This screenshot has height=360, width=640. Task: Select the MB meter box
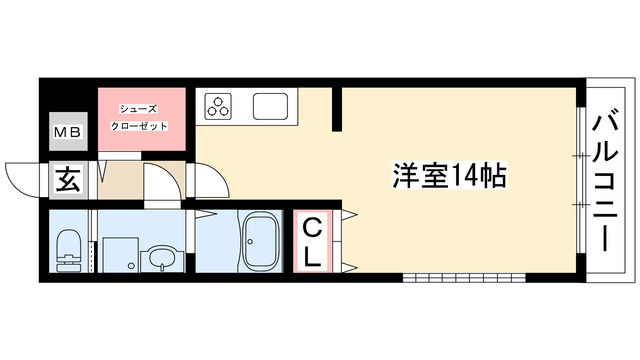click(67, 130)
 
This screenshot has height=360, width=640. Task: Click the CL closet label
click(314, 241)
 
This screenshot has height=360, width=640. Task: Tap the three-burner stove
click(219, 103)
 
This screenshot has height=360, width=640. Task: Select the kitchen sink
click(272, 105)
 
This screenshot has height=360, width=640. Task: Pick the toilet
click(69, 250)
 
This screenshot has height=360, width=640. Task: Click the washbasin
click(160, 259)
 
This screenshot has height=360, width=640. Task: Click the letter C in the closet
click(313, 225)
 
